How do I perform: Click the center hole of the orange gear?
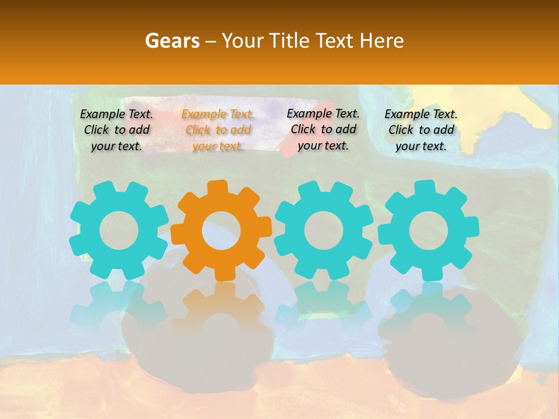[221, 230]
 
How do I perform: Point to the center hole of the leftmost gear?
[119, 230]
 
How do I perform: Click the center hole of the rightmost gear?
[428, 230]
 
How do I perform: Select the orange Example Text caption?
[218, 130]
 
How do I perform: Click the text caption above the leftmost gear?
[116, 130]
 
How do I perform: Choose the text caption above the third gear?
[323, 130]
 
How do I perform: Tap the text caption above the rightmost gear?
[421, 130]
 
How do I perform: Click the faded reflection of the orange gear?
[221, 314]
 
